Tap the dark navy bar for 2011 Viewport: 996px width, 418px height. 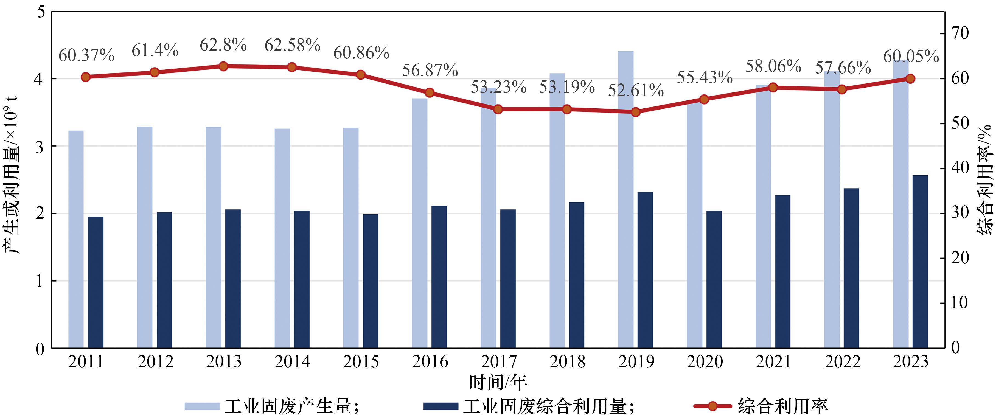pyautogui.click(x=96, y=282)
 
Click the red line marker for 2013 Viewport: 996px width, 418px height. pyautogui.click(x=223, y=66)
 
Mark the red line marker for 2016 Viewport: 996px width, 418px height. pyautogui.click(x=430, y=93)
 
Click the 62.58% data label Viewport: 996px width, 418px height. pyautogui.click(x=292, y=45)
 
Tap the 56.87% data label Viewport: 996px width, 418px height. pyautogui.click(x=430, y=70)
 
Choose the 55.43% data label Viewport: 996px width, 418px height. pyautogui.click(x=705, y=77)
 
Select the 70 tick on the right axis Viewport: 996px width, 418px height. pyautogui.click(x=960, y=33)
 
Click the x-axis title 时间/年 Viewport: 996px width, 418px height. pyautogui.click(x=498, y=382)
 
